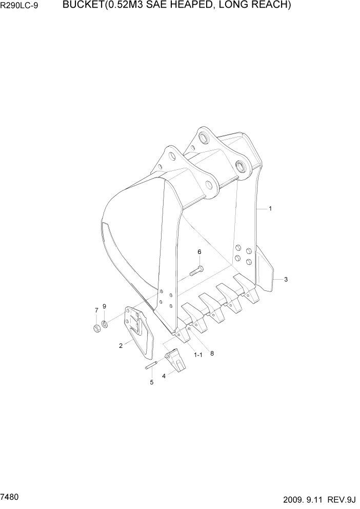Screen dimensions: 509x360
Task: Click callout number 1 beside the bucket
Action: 270,209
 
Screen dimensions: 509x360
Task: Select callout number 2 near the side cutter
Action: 121,346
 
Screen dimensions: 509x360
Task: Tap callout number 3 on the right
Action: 286,280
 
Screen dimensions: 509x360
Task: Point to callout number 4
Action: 164,376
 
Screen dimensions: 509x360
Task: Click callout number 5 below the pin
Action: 151,382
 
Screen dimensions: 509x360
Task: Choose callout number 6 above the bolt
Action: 199,251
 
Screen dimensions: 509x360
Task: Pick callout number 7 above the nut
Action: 96,310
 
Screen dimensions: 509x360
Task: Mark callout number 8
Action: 212,353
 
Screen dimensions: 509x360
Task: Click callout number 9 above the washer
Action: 104,306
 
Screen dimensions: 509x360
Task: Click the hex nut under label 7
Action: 96,327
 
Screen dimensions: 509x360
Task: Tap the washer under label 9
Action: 105,323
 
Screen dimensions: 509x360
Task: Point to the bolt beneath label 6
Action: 196,271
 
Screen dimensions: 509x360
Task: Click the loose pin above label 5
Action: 151,366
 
